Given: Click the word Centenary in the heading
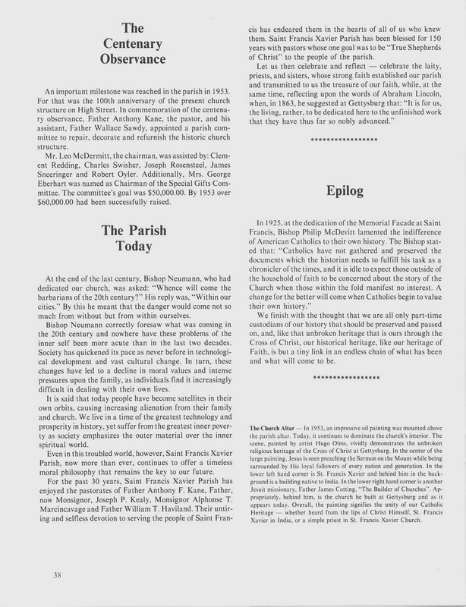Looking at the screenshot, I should click(122, 42).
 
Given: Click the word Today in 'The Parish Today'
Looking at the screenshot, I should click(122, 246).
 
